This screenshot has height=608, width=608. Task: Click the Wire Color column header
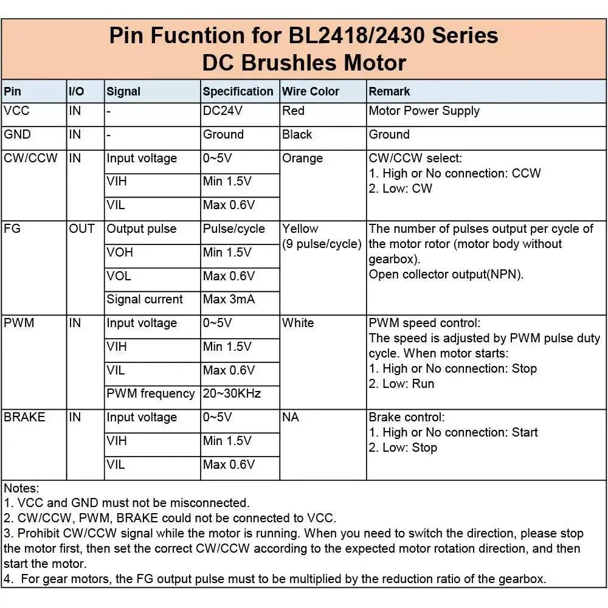pos(311,92)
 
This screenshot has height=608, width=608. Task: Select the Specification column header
pos(238,92)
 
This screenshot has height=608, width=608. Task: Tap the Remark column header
pos(389,92)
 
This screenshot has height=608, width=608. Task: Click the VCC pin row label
pos(17,111)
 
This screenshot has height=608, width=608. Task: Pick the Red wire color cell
pos(293,111)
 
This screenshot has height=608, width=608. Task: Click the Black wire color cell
pos(297,135)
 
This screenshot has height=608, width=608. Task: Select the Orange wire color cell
pos(302,159)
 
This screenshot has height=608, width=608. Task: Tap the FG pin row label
pos(12,229)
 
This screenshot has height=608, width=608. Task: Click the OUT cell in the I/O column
pos(81,229)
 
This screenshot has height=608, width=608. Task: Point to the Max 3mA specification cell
pos(229,300)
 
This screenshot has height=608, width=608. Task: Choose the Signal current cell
pos(145,300)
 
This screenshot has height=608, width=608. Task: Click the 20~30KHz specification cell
pos(232,394)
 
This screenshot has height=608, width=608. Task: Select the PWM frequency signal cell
pos(151,394)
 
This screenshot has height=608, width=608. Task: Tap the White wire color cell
pos(298,323)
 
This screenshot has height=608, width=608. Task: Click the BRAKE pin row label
pos(24,418)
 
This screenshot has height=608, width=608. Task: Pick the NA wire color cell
pos(291,418)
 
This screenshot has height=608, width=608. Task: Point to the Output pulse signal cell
pos(141,229)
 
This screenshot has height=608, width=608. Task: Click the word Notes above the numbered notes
pos(21,488)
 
